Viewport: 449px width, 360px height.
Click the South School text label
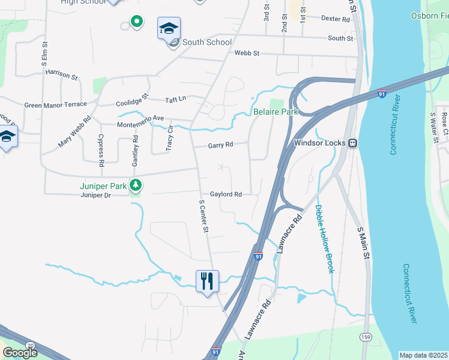[x=206, y=42]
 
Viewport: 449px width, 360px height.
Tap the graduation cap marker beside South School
[x=169, y=28]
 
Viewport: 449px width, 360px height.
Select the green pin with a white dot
[x=137, y=22]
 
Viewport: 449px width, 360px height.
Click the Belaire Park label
[x=276, y=112]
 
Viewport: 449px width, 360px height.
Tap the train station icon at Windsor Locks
[x=354, y=143]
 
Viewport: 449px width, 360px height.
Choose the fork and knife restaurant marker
[x=207, y=281]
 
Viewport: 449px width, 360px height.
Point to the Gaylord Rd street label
[x=226, y=194]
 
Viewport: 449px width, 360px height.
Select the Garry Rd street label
[x=220, y=145]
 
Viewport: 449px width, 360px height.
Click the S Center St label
[x=204, y=217]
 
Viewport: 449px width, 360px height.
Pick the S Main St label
[x=363, y=243]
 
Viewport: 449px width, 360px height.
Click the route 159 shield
[x=365, y=337]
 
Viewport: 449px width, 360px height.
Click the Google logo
[x=20, y=353]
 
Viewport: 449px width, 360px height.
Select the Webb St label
[x=246, y=53]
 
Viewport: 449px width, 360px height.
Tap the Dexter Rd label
[x=335, y=19]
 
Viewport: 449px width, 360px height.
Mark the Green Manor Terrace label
[x=55, y=104]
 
